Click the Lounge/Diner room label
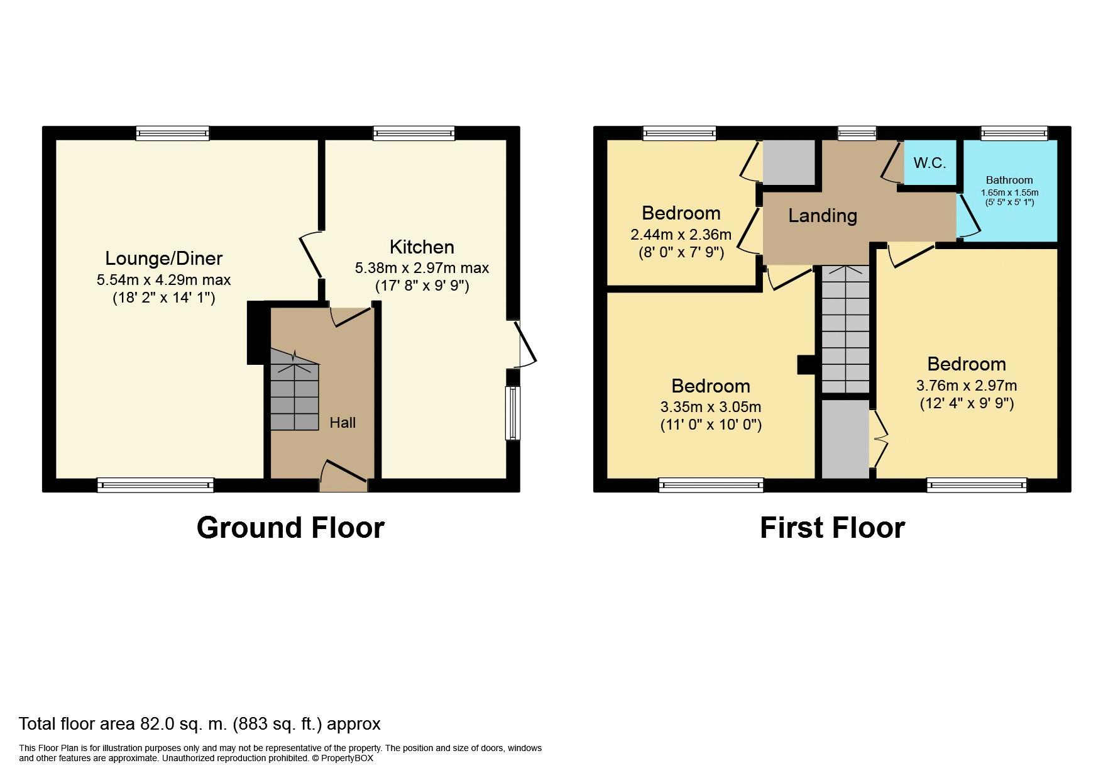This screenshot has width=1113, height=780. (x=163, y=259)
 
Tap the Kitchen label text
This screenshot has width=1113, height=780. (x=422, y=247)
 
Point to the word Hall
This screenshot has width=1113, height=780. (x=343, y=423)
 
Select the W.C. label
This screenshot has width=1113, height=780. (x=929, y=163)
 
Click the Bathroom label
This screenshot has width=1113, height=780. (x=1009, y=180)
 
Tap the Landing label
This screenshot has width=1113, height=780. (x=823, y=216)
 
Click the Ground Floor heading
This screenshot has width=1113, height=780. (x=290, y=527)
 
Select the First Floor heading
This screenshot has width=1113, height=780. (x=832, y=527)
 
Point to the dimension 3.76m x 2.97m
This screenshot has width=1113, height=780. (x=967, y=386)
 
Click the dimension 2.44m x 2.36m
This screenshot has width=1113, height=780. (x=681, y=235)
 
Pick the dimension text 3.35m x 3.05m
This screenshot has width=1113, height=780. (x=711, y=407)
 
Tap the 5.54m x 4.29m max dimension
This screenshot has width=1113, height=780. (x=163, y=280)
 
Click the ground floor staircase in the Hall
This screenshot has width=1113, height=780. (x=295, y=390)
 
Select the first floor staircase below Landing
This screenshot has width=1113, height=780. (x=845, y=330)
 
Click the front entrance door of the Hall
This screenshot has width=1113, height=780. (x=344, y=476)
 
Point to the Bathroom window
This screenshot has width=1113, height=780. (x=1014, y=133)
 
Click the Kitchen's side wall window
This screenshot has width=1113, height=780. (x=513, y=413)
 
